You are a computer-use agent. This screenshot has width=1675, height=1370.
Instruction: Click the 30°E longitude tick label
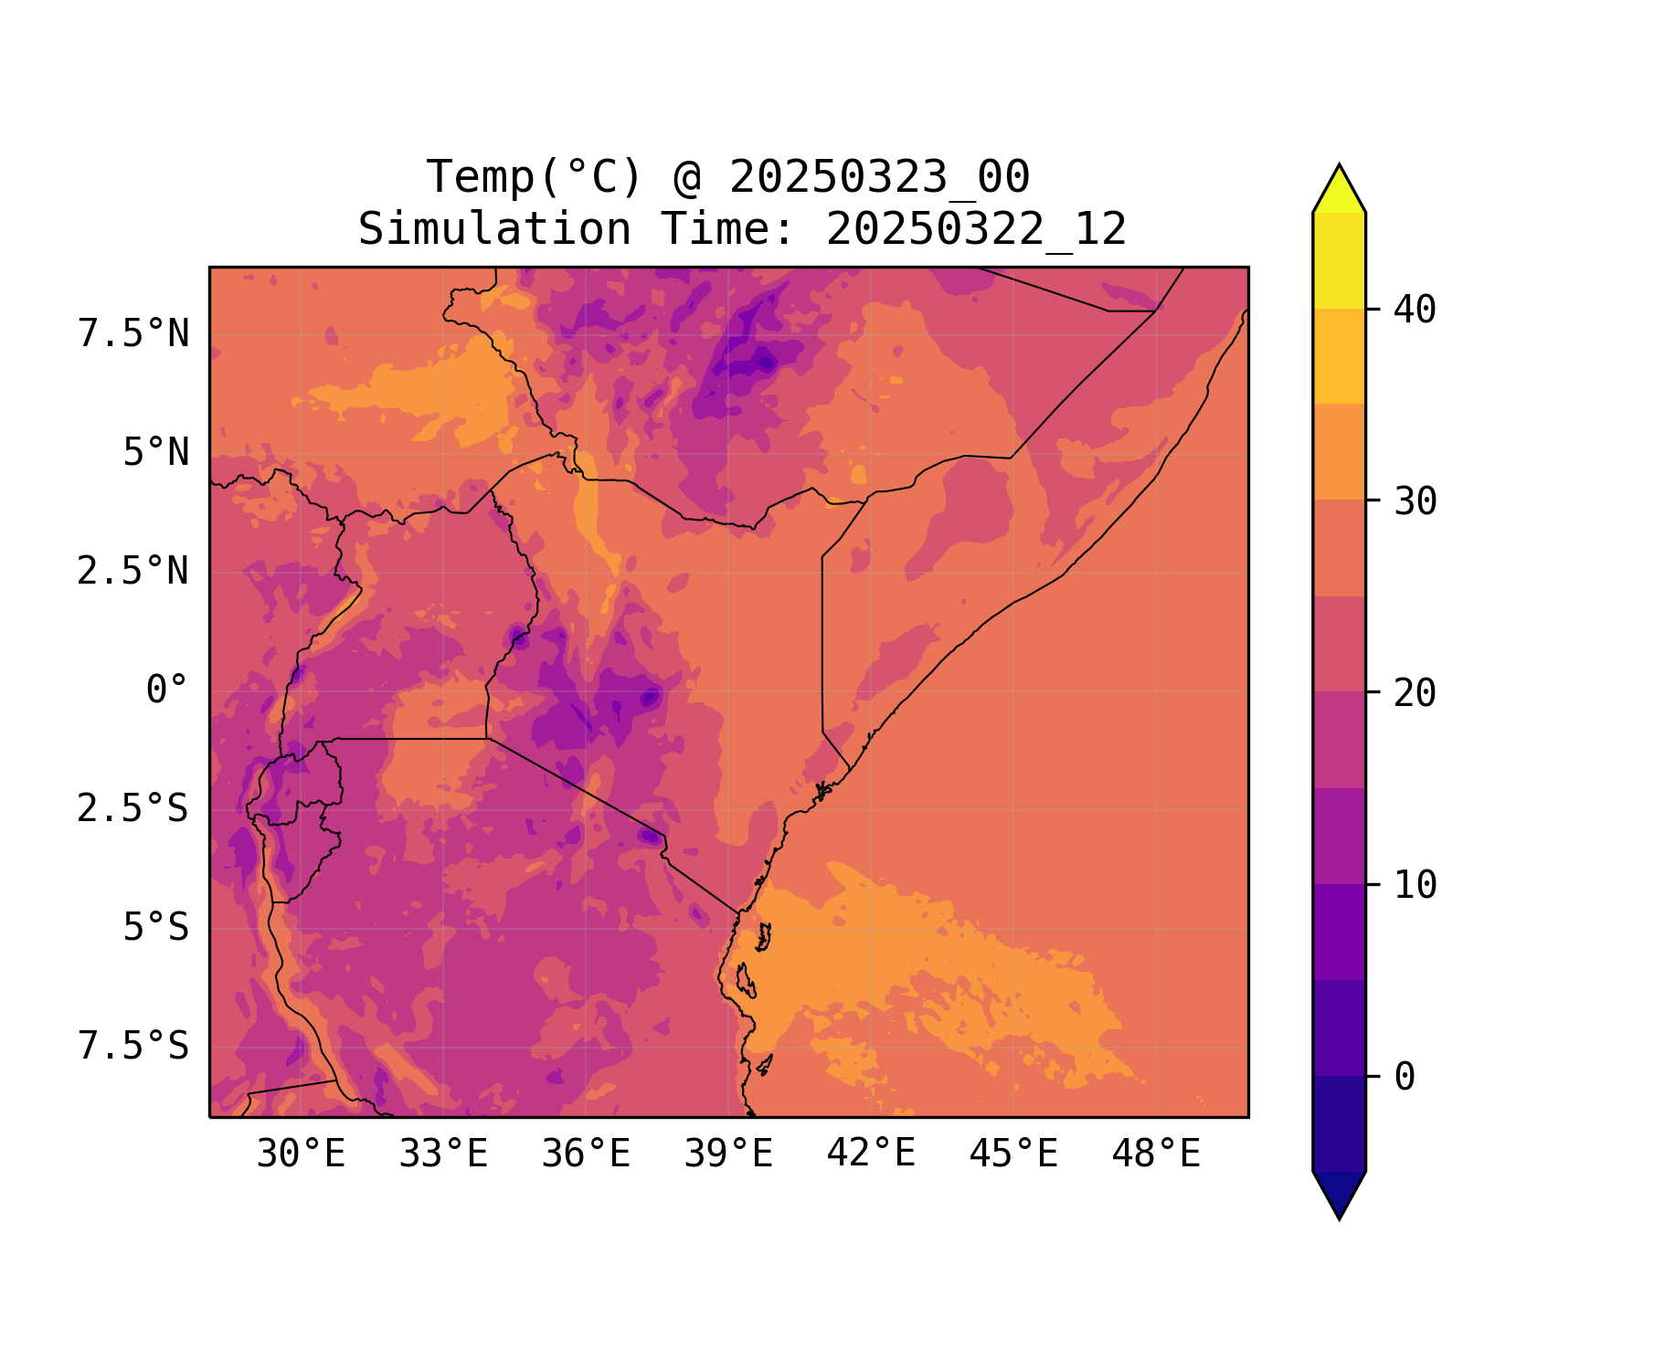click(x=301, y=1154)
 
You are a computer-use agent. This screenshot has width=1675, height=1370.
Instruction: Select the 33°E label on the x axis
click(x=443, y=1154)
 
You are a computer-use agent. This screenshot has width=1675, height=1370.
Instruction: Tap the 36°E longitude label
click(x=586, y=1154)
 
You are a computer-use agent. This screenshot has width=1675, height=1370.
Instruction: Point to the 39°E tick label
click(x=728, y=1154)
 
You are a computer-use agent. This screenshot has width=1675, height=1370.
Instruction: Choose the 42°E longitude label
click(x=871, y=1154)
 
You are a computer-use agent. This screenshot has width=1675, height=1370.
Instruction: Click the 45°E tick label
click(x=1013, y=1154)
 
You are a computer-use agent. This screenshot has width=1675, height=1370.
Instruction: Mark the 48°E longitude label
click(x=1156, y=1154)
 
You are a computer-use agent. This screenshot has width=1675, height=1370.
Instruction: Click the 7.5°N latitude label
click(x=133, y=334)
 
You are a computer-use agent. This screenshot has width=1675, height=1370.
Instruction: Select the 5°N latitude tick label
click(x=156, y=453)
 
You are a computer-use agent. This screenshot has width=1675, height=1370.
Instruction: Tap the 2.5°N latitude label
click(x=133, y=572)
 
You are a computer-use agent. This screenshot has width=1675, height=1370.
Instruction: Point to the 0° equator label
click(x=167, y=690)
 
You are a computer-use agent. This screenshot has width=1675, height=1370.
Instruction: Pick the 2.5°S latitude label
click(x=133, y=808)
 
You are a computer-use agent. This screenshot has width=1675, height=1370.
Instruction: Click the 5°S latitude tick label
click(x=156, y=927)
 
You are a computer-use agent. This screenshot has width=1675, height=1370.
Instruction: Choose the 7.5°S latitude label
click(x=133, y=1046)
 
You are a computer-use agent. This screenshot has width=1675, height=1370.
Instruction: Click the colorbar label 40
click(x=1415, y=310)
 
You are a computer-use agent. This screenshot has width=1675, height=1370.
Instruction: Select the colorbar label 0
click(x=1405, y=1077)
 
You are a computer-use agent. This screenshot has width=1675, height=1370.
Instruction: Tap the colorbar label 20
click(x=1415, y=693)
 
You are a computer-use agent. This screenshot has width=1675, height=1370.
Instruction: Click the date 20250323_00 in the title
click(x=879, y=177)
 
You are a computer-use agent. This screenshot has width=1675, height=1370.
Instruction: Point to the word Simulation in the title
click(x=494, y=229)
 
